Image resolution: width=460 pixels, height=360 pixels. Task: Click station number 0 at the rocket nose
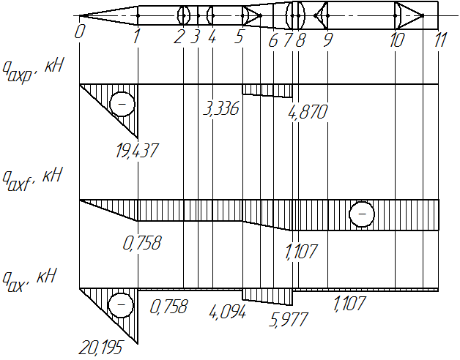(79, 31)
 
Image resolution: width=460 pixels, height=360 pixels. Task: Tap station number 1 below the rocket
(136, 37)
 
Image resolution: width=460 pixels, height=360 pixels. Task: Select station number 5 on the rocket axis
(240, 37)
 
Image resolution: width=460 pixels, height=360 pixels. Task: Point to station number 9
(328, 40)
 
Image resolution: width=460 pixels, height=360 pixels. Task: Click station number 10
(397, 40)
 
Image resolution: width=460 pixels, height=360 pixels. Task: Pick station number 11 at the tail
(440, 40)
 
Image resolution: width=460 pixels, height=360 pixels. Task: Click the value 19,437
(137, 151)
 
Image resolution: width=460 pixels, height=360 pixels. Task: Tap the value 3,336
(221, 109)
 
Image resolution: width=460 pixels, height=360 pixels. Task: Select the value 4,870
(308, 112)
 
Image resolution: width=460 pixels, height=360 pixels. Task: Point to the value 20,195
(100, 348)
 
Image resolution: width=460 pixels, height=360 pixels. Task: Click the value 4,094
(227, 313)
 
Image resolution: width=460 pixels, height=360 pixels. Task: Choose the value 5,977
(289, 320)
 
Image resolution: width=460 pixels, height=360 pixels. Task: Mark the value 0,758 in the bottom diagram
(168, 307)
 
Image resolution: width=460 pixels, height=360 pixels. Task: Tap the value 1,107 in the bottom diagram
(349, 304)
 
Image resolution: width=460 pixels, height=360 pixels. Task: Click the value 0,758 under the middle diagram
(142, 244)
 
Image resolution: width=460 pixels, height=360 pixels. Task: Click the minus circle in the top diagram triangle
(122, 104)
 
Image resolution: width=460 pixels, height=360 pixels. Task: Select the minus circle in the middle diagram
(362, 214)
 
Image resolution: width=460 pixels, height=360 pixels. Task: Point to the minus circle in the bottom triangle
(121, 305)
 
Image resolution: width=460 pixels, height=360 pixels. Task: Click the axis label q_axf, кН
(31, 179)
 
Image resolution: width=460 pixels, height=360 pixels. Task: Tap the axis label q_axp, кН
(32, 71)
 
